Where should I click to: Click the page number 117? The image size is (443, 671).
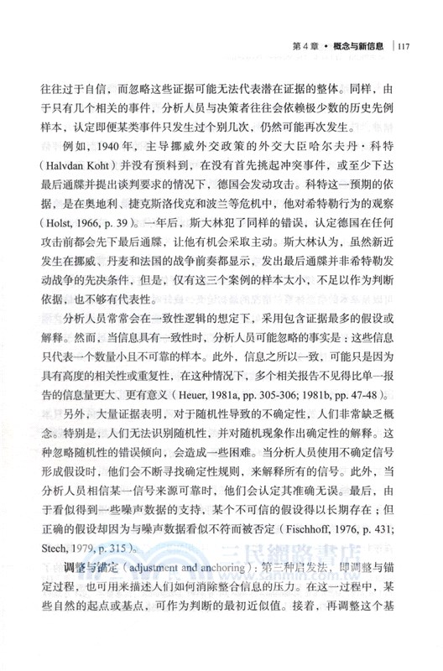(x=403, y=46)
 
